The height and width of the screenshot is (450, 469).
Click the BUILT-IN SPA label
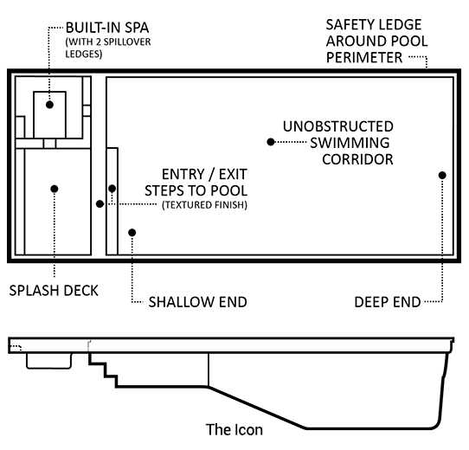(x=107, y=28)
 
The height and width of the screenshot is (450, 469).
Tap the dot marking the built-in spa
(x=49, y=105)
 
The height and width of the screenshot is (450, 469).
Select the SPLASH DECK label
(x=54, y=291)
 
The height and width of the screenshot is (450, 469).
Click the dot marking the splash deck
(x=55, y=189)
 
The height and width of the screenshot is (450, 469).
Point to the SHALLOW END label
(x=197, y=302)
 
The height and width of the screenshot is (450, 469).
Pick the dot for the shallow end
(x=132, y=233)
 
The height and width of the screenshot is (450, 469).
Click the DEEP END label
(x=388, y=302)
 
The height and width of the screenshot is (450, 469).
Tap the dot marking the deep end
(x=442, y=176)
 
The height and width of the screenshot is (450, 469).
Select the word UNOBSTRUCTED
(x=338, y=126)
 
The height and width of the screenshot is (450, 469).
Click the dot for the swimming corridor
(x=270, y=142)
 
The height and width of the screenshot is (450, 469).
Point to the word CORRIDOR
(x=357, y=159)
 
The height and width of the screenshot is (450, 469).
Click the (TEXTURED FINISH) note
(x=204, y=205)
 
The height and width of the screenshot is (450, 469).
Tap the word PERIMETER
(x=364, y=57)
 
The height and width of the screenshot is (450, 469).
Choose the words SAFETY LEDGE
(x=374, y=24)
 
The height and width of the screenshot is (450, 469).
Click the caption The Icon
(x=234, y=429)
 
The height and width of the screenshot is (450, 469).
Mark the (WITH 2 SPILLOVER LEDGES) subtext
(x=108, y=48)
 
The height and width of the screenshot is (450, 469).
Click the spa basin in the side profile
(x=49, y=361)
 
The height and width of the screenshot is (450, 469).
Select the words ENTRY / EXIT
(x=204, y=174)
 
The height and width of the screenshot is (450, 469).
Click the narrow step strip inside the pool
(x=112, y=201)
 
